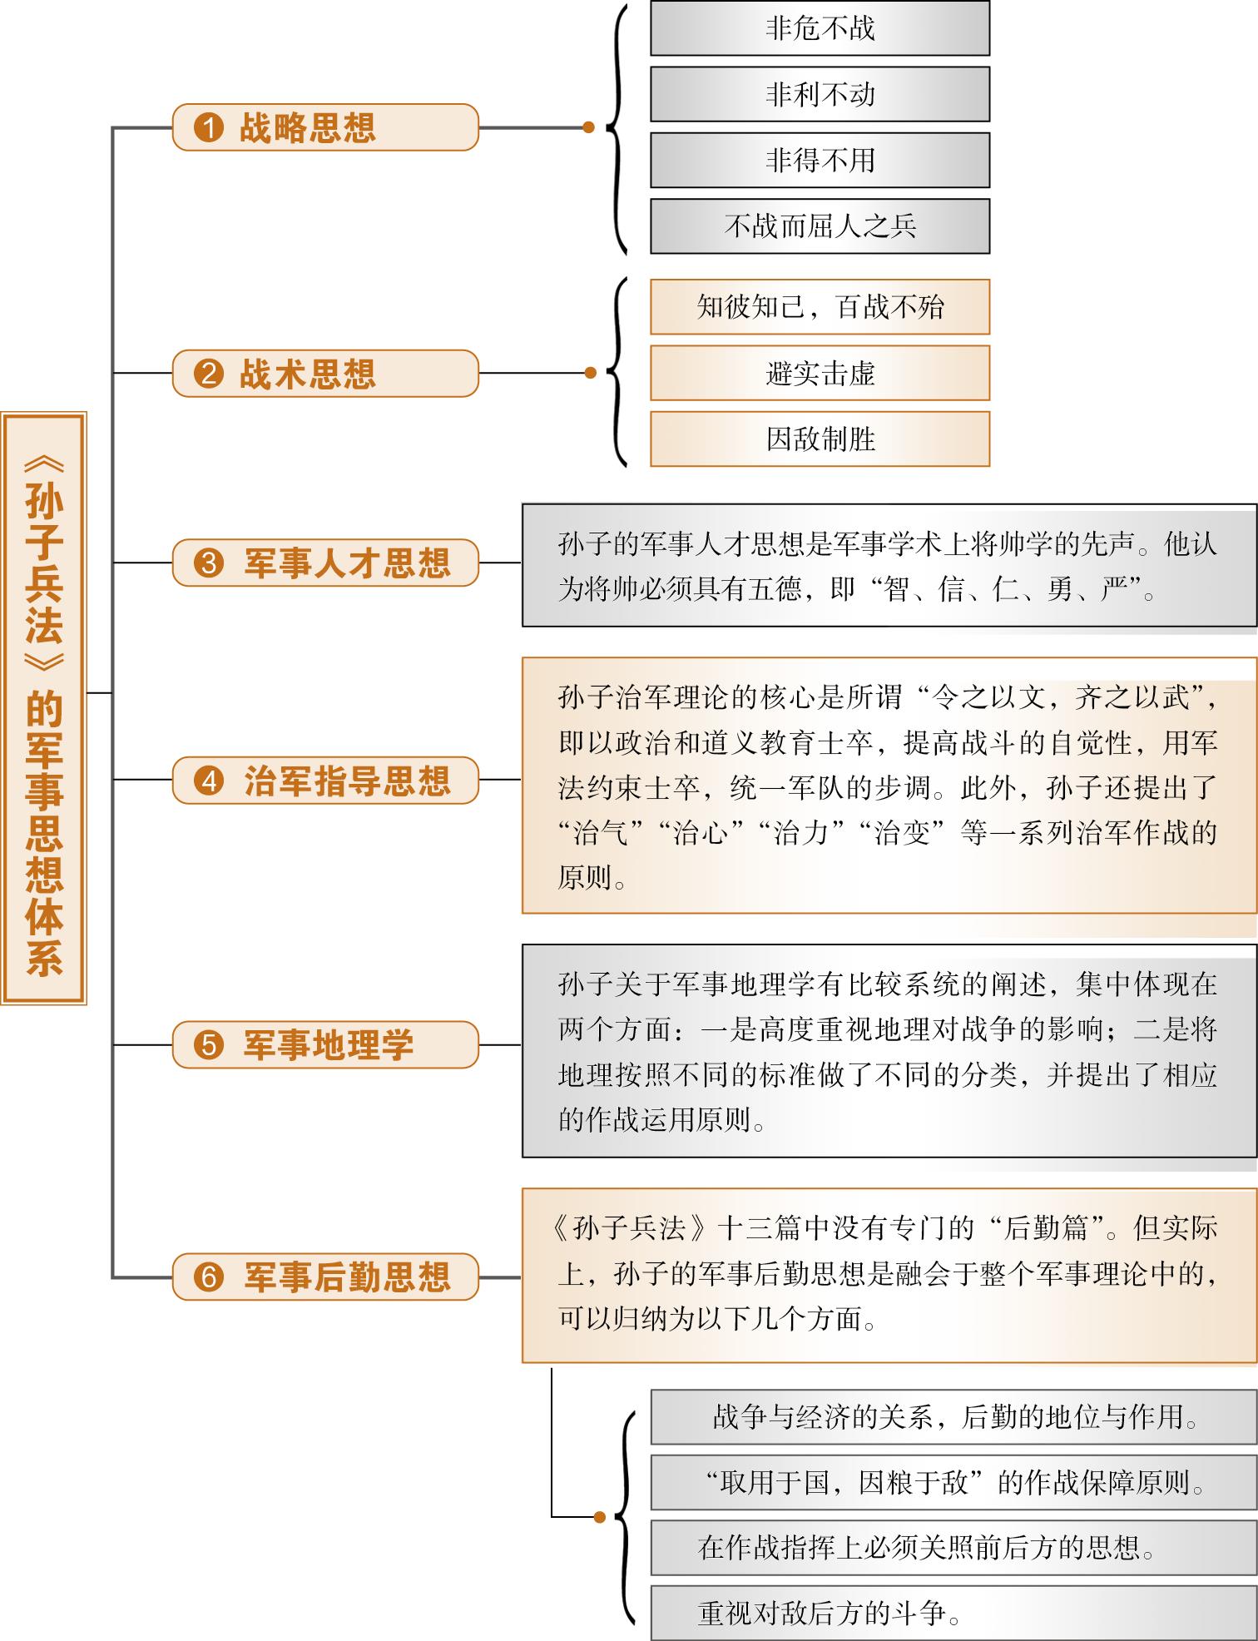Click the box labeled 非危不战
click(x=820, y=28)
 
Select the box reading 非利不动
click(x=820, y=94)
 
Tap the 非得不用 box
click(x=820, y=160)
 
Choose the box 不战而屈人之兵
click(x=820, y=226)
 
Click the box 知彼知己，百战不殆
click(x=820, y=307)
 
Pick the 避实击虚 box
click(x=820, y=373)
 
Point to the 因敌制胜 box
click(x=820, y=439)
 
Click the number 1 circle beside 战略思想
click(x=209, y=127)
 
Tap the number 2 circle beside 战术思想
click(x=209, y=374)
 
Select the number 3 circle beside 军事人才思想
click(x=209, y=563)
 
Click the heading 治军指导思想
click(x=347, y=781)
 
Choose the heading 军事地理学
click(x=329, y=1044)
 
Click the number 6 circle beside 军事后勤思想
click(x=209, y=1277)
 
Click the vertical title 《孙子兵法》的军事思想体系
click(x=44, y=707)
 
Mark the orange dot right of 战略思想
click(x=589, y=127)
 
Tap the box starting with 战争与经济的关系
click(x=953, y=1416)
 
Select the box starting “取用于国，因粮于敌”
click(x=953, y=1482)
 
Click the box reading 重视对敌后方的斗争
click(x=953, y=1614)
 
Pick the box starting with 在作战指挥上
click(x=953, y=1548)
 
